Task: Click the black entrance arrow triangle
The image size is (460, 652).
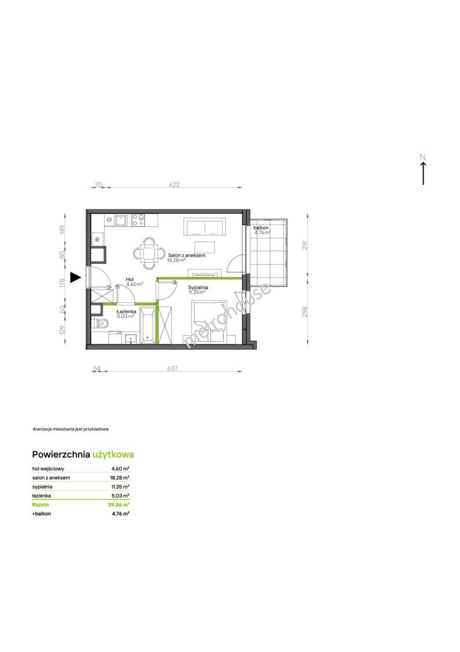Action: (75, 277)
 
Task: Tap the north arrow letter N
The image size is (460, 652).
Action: (423, 157)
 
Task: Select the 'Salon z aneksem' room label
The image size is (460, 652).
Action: (187, 255)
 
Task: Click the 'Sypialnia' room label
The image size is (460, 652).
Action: (198, 287)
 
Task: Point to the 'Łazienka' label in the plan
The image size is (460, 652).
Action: (126, 311)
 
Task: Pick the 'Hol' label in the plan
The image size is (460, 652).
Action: (130, 280)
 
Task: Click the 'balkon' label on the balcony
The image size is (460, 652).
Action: (261, 228)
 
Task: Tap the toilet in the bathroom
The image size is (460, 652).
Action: (100, 324)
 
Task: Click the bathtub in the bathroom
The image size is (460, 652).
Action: (147, 325)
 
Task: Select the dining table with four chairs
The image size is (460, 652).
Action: (148, 253)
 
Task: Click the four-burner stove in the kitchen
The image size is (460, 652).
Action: (138, 220)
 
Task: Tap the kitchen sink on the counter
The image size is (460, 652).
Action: (121, 220)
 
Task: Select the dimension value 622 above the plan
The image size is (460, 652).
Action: (174, 184)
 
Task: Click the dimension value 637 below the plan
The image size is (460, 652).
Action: (172, 368)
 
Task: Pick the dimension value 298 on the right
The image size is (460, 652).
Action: (305, 312)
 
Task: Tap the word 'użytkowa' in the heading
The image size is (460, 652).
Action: (113, 455)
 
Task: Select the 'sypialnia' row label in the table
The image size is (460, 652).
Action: (42, 487)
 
